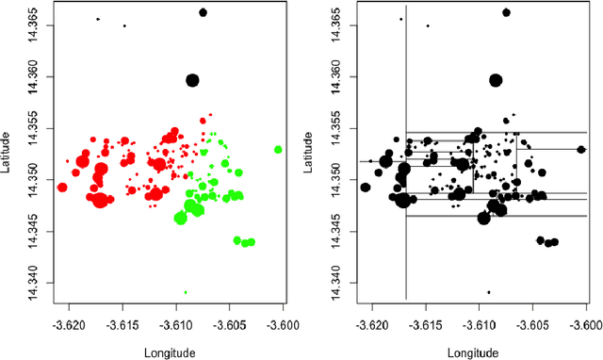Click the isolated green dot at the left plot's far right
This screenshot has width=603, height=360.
pyautogui.click(x=278, y=149)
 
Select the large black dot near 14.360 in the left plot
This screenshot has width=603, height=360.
pyautogui.click(x=192, y=80)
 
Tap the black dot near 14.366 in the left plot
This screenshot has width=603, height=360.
pyautogui.click(x=203, y=12)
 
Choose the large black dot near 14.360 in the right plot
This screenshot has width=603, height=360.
pyautogui.click(x=496, y=80)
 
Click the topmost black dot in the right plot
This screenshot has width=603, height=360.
pyautogui.click(x=506, y=12)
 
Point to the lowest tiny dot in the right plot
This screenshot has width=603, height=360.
pyautogui.click(x=488, y=292)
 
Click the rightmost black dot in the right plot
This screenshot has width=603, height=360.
pyautogui.click(x=581, y=149)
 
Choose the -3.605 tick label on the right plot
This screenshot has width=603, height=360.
pyautogui.click(x=534, y=320)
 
